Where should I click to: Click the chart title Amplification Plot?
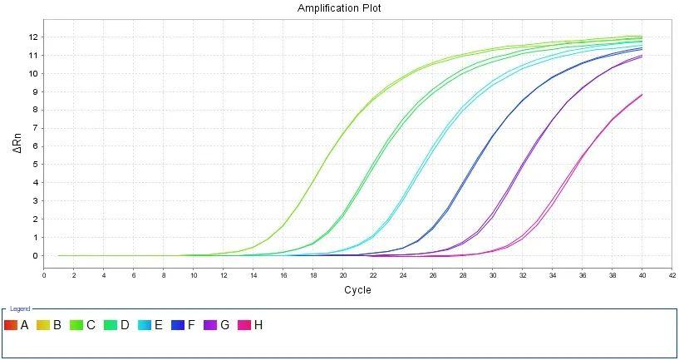(339, 7)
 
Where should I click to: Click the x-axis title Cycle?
(357, 290)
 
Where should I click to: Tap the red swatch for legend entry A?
(11, 325)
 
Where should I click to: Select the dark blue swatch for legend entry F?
(177, 325)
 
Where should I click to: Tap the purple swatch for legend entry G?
(210, 325)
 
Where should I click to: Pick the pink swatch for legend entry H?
(244, 325)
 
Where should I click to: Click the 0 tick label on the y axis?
(35, 256)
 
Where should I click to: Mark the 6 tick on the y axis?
(35, 146)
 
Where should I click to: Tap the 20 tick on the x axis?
(343, 275)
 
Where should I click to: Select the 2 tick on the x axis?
(74, 275)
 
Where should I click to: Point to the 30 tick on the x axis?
(493, 275)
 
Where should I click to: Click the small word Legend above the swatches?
(20, 308)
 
